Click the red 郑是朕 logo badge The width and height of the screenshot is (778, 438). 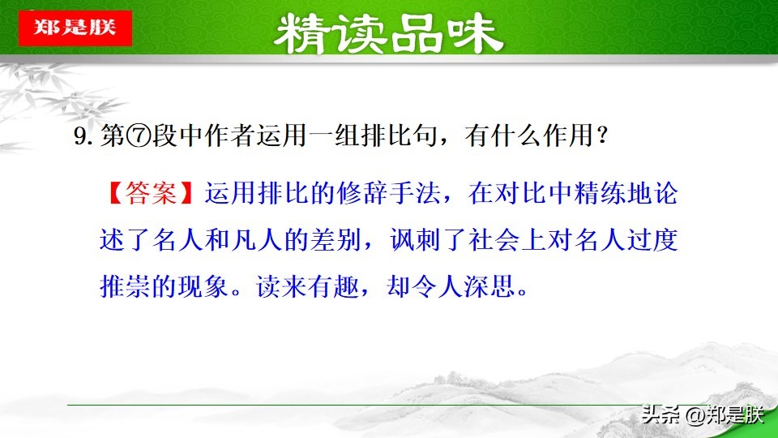(75, 28)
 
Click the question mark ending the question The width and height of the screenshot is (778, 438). (601, 139)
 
